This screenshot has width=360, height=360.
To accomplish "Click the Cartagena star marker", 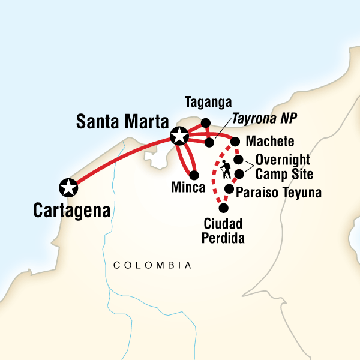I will [68, 188].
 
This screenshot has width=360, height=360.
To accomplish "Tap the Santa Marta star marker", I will [179, 136].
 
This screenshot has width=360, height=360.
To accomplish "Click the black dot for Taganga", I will [205, 123].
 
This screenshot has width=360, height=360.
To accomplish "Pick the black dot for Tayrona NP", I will [209, 143].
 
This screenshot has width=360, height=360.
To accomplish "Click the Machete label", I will [270, 142].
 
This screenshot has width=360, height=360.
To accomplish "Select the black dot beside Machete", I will [235, 142].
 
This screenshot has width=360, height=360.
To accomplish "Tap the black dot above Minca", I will [193, 175].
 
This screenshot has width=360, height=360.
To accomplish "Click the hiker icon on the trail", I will [226, 169].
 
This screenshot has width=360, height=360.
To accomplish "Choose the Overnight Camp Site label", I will [282, 167].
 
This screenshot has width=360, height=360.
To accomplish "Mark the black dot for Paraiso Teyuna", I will [229, 189].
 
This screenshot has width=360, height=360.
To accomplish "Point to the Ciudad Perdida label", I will [223, 230].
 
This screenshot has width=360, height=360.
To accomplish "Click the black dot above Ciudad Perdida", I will [224, 208].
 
